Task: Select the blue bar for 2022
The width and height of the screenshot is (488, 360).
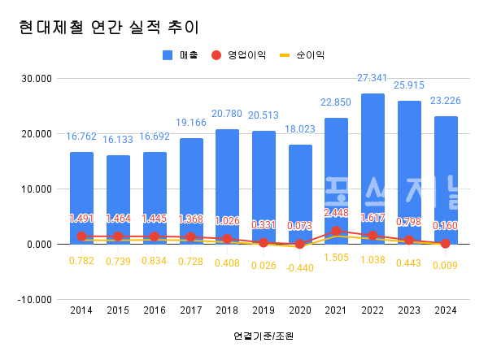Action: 373,163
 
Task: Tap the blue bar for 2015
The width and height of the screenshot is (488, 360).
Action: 118,195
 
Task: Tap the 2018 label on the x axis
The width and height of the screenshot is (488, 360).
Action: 227,310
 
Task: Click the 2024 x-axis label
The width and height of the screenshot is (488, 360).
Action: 445,310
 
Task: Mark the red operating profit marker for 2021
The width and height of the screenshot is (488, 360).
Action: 336,231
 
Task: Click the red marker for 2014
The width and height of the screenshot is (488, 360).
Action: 81,236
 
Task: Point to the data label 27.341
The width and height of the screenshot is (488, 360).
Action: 373,78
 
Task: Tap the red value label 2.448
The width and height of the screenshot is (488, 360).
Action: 336,214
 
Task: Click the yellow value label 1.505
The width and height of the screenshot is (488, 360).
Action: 336,258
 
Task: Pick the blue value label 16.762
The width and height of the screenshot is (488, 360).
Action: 81,137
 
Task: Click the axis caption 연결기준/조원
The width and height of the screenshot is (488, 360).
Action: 263,336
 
